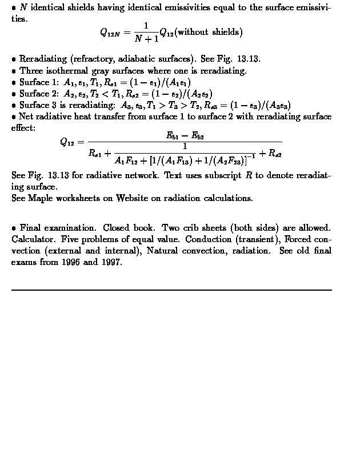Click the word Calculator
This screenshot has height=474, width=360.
pyautogui.click(x=31, y=239)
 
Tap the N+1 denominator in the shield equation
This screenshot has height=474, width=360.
pyautogui.click(x=146, y=39)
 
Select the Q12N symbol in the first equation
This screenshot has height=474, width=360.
pyautogui.click(x=110, y=33)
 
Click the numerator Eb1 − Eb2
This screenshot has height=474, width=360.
pyautogui.click(x=185, y=136)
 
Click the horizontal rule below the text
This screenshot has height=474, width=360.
pyautogui.click(x=171, y=290)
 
